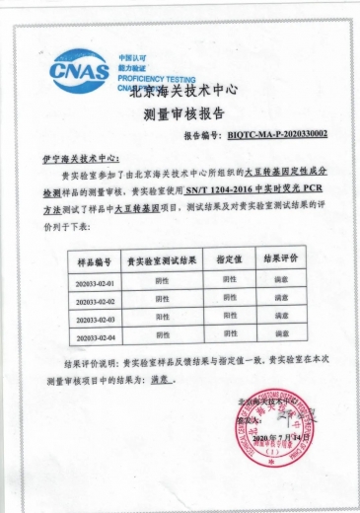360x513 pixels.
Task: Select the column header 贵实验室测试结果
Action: coord(162,261)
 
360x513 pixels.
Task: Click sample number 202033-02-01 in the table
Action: coord(96,285)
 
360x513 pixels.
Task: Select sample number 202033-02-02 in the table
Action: coord(96,302)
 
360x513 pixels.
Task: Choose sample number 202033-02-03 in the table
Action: coord(96,321)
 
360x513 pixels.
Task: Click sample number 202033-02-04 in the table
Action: coord(96,338)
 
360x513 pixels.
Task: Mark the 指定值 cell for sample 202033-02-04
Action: coord(229,335)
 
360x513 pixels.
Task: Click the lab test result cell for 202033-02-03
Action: coord(162,319)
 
